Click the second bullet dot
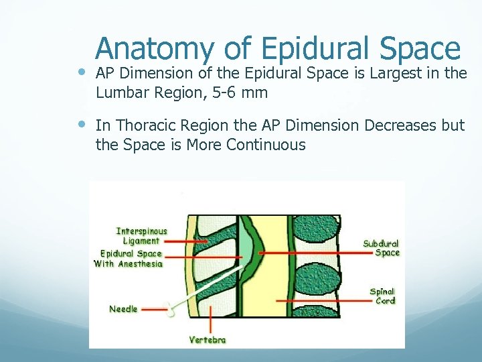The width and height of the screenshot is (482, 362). coord(80,124)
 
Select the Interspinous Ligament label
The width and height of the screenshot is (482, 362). coord(141,236)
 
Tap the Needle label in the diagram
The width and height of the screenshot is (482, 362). coord(124,309)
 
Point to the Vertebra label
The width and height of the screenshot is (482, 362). coord(208,340)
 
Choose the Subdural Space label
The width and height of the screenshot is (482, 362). coord(381,248)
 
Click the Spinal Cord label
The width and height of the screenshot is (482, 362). coord(383,296)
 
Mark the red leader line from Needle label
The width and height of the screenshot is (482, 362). coord(153,310)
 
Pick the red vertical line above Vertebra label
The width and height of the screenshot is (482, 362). coord(211,318)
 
